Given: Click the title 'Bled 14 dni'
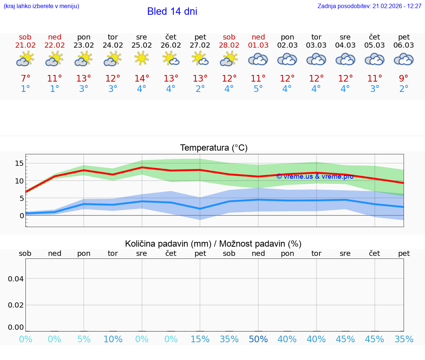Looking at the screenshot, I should pyautogui.click(x=172, y=11).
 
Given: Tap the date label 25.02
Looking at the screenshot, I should pyautogui.click(x=142, y=45).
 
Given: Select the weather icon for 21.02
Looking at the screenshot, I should pyautogui.click(x=25, y=59).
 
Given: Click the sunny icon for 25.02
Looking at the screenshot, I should pyautogui.click(x=142, y=58).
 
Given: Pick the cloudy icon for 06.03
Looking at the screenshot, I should pyautogui.click(x=404, y=59).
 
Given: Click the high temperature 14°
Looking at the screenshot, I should pyautogui.click(x=142, y=79).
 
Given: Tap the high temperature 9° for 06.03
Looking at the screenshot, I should pyautogui.click(x=404, y=79).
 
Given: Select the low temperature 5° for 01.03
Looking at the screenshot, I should pyautogui.click(x=258, y=89).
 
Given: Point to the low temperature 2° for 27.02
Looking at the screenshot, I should pyautogui.click(x=200, y=89).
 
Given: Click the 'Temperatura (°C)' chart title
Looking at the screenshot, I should pyautogui.click(x=214, y=148).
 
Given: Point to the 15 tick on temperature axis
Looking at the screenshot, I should pyautogui.click(x=19, y=163).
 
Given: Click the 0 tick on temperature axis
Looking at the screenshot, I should pyautogui.click(x=21, y=216).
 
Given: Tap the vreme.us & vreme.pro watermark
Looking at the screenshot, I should pyautogui.click(x=315, y=176).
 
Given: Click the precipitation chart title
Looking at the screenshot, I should pyautogui.click(x=213, y=244).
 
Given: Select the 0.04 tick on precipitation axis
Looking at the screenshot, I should pyautogui.click(x=16, y=279).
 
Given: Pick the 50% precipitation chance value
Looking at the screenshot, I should pyautogui.click(x=258, y=339).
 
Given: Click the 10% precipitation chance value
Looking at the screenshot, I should pyautogui.click(x=113, y=339).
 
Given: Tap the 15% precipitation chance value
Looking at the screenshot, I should pyautogui.click(x=200, y=339).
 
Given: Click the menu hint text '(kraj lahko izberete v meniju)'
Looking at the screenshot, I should pyautogui.click(x=41, y=6).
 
